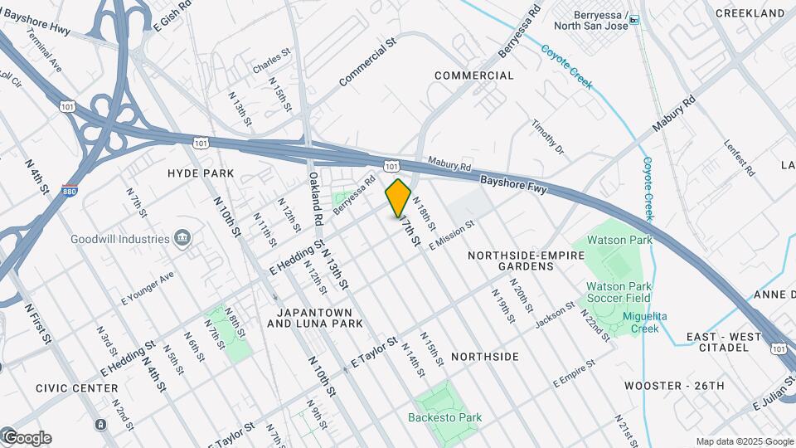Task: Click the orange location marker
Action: tap(399, 197)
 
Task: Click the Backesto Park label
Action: tap(445, 417)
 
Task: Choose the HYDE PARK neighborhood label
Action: tap(201, 173)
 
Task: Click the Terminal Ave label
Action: tap(44, 50)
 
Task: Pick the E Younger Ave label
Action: tap(148, 286)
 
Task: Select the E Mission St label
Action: tap(451, 235)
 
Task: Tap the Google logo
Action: tap(27, 438)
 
